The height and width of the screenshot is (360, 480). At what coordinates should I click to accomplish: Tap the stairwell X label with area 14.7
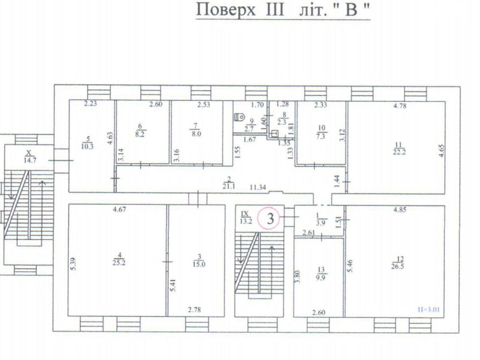coord(28,156)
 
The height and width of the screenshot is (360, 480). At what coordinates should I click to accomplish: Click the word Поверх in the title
coord(226,10)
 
